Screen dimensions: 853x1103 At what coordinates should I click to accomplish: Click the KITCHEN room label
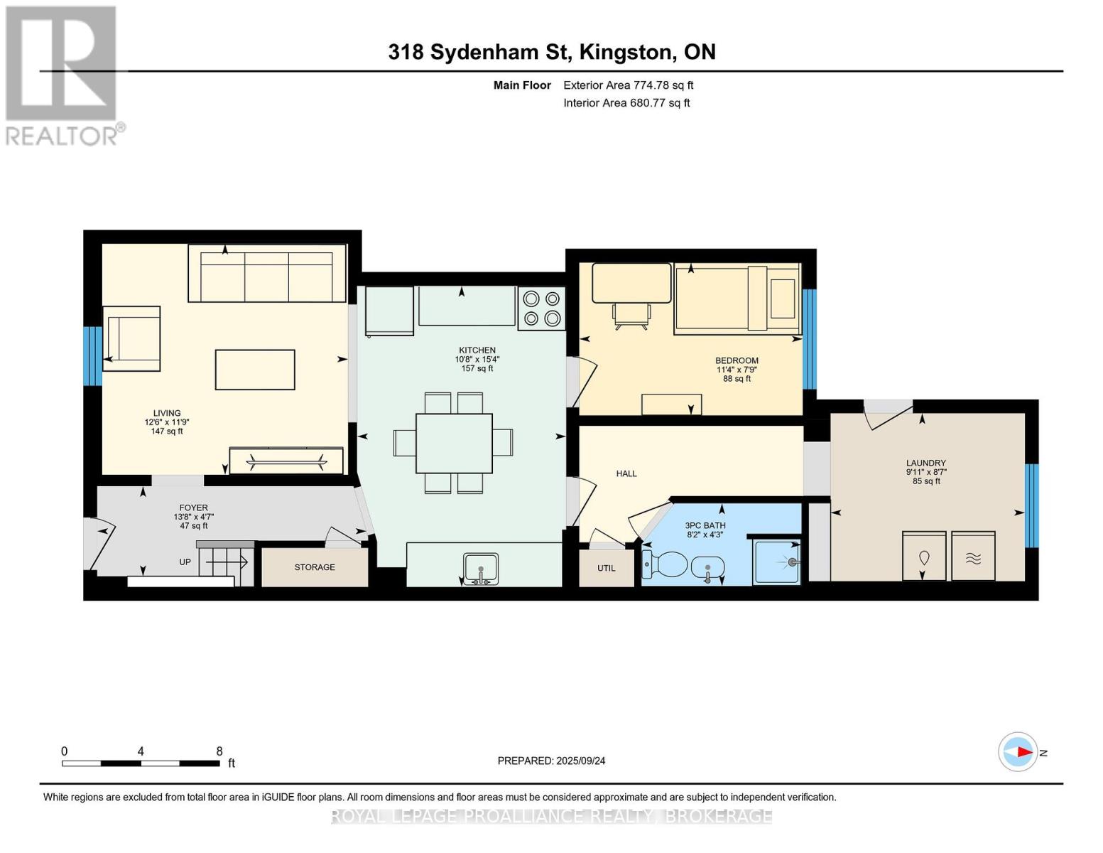coord(477,350)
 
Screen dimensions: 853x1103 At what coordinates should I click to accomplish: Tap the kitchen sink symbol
coord(481,569)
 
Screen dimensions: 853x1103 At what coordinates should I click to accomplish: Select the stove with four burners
coord(541,309)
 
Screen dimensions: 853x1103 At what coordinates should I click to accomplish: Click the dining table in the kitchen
coord(454,443)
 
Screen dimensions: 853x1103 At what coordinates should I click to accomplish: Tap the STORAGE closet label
coord(315,567)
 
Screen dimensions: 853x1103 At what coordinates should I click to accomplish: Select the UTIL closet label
coord(606,568)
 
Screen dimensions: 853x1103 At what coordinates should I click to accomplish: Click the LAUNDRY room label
coord(925,463)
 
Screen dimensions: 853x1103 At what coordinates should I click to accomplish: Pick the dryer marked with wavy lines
coord(973,557)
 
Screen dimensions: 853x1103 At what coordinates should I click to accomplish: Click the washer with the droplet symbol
coord(924,557)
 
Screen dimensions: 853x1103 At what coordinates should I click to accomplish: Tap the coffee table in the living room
coord(255,370)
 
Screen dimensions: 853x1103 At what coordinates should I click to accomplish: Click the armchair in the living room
coord(133,339)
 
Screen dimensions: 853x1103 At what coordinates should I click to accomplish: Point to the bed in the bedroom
coord(737,298)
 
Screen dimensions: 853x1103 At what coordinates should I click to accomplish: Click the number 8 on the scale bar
coord(219,751)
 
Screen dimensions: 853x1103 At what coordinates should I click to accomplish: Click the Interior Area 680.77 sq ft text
coord(626,103)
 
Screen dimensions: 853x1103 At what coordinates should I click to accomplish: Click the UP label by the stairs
coord(185,562)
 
